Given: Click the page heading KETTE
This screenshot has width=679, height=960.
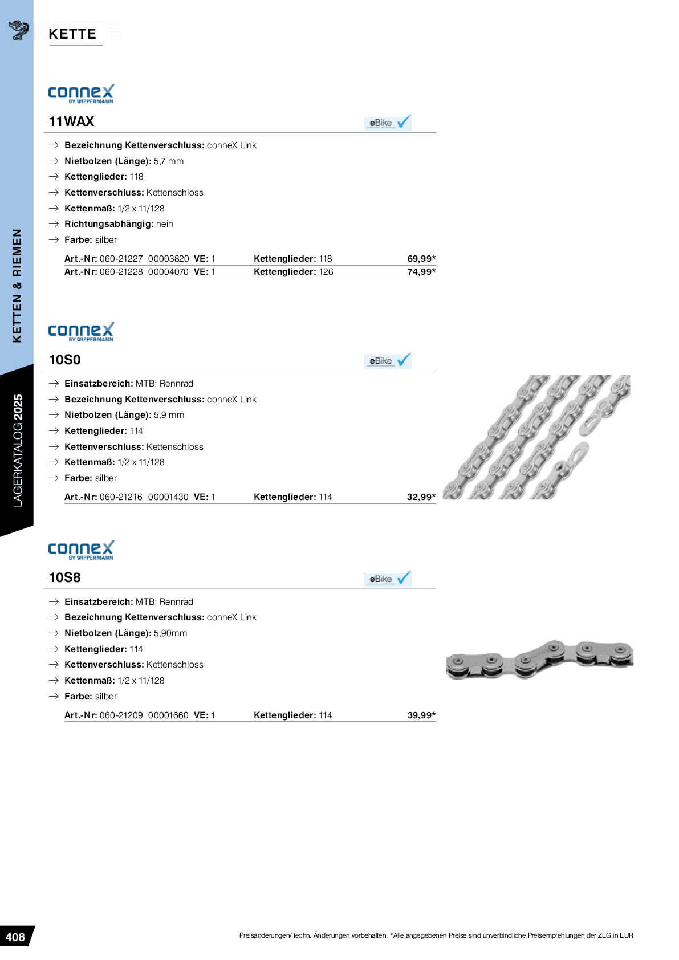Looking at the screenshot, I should pyautogui.click(x=72, y=34).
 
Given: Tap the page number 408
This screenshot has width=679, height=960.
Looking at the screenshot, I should pyautogui.click(x=15, y=937).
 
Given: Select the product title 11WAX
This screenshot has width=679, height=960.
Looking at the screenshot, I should pyautogui.click(x=71, y=121).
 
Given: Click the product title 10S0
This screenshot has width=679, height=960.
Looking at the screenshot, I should pyautogui.click(x=64, y=360).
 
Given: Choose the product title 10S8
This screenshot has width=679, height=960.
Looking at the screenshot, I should pyautogui.click(x=64, y=577).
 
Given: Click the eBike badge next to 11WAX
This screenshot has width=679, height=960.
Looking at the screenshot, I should pyautogui.click(x=388, y=123).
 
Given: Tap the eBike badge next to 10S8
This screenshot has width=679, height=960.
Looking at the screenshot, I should pyautogui.click(x=388, y=579).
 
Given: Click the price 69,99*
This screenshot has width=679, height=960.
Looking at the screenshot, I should pyautogui.click(x=421, y=259).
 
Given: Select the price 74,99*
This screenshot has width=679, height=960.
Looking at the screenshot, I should pyautogui.click(x=421, y=272).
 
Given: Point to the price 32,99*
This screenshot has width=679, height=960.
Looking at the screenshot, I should pyautogui.click(x=421, y=497).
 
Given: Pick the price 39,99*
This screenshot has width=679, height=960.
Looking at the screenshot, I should pyautogui.click(x=421, y=715).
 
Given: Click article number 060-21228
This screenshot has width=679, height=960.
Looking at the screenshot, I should pyautogui.click(x=121, y=272).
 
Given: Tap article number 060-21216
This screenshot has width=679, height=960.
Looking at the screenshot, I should pyautogui.click(x=121, y=497).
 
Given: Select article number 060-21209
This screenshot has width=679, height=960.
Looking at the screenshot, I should pyautogui.click(x=121, y=715).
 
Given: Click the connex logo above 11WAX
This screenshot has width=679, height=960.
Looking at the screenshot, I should pyautogui.click(x=81, y=93).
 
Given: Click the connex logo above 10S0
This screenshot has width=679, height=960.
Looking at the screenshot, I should pyautogui.click(x=81, y=332).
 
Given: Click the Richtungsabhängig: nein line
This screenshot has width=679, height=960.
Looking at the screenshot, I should pyautogui.click(x=119, y=224).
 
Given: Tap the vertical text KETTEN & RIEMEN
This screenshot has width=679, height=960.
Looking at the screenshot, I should pyautogui.click(x=17, y=285).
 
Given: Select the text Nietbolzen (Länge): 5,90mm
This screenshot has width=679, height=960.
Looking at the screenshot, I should pyautogui.click(x=125, y=633).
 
